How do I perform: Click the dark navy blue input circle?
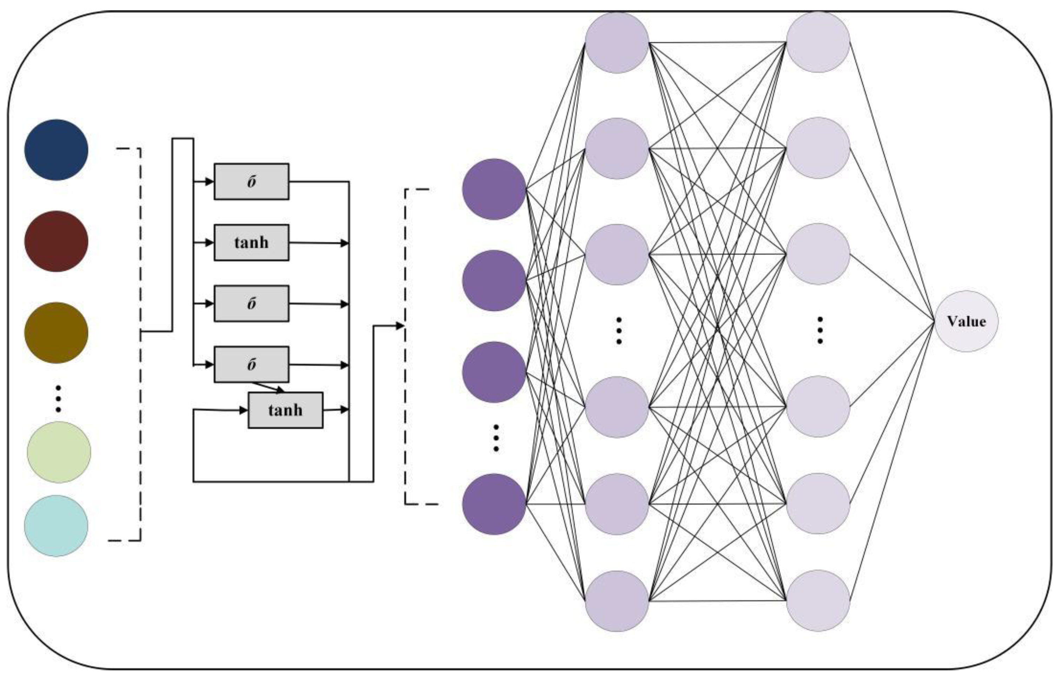pos(56,150)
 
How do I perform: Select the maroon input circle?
pos(56,241)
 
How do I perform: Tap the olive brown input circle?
pos(56,333)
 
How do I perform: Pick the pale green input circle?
pos(59,452)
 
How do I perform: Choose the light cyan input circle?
pos(56,526)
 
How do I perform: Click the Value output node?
pos(966,321)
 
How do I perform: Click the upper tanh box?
pos(251,243)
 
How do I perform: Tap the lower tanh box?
pos(285,410)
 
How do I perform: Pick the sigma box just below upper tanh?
pos(251,304)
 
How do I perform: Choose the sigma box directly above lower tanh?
pos(251,364)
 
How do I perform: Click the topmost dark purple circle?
pos(494,189)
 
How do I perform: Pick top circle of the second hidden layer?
pos(818,42)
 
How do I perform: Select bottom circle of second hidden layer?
pos(818,601)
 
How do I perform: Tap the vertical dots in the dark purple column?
pos(496,438)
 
